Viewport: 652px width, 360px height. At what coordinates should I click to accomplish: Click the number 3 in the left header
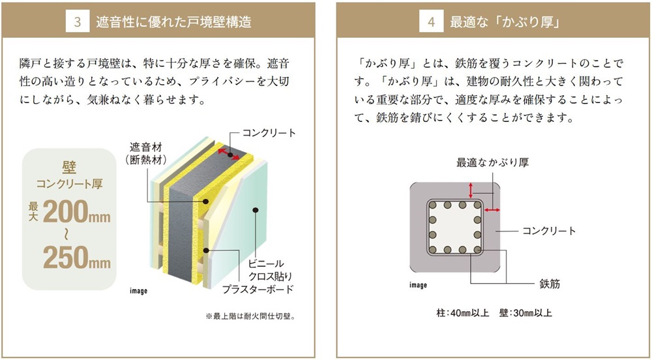[78, 22]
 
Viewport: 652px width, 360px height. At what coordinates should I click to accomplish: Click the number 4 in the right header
[431, 22]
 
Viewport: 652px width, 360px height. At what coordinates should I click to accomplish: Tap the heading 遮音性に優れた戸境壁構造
[173, 22]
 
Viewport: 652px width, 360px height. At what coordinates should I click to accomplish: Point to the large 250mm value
[77, 258]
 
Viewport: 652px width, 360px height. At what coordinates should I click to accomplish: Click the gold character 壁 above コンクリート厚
[69, 168]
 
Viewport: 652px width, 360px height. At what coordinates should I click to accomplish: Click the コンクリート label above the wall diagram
[269, 133]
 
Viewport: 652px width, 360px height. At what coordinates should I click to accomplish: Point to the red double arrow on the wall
[229, 153]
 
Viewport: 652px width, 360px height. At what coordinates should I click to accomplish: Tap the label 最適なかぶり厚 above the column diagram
[492, 162]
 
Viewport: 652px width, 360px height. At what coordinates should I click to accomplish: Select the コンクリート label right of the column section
[549, 231]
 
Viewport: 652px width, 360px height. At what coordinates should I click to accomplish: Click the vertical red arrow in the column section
[470, 190]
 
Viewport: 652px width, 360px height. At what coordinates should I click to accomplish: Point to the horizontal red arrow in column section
[492, 211]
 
